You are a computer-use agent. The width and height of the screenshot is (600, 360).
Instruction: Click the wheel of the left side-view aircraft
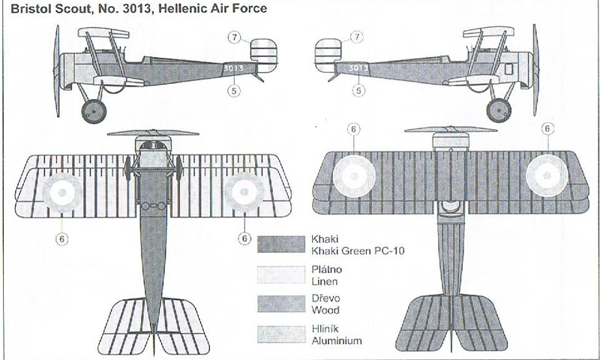coord(93,110)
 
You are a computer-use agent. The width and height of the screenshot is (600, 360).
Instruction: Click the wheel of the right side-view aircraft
coord(498,110)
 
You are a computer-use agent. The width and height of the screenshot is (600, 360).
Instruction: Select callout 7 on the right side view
coord(357,37)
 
